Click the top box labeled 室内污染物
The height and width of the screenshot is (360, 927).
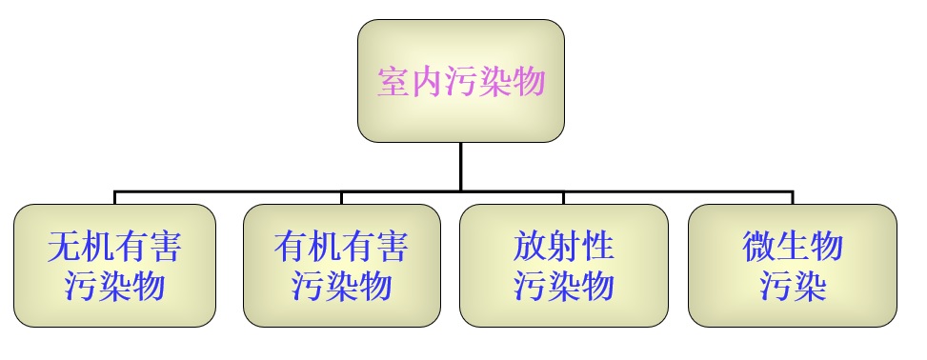(x=460, y=81)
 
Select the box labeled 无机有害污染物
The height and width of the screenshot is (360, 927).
(x=114, y=266)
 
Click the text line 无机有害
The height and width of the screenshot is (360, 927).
(x=114, y=248)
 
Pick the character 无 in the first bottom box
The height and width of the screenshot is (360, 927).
(x=64, y=248)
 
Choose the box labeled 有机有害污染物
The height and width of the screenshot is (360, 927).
(x=341, y=266)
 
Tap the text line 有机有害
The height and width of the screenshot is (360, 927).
(x=341, y=248)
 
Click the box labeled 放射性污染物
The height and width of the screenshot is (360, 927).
(x=563, y=266)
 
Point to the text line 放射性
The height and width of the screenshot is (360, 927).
(x=563, y=248)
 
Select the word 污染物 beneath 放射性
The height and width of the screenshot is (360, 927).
(x=563, y=286)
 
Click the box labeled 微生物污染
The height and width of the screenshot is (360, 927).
(x=792, y=266)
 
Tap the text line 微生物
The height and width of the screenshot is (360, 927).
(x=792, y=248)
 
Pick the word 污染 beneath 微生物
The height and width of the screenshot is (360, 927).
(x=792, y=286)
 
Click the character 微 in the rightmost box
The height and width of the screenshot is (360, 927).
(x=758, y=248)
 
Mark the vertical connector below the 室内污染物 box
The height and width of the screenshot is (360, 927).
(x=460, y=167)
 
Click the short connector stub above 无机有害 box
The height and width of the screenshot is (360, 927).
(x=114, y=197)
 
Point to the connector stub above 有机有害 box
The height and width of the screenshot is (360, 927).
(x=341, y=197)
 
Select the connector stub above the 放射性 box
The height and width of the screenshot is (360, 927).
(x=563, y=197)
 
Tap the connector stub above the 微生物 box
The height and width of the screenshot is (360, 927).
(x=792, y=197)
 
